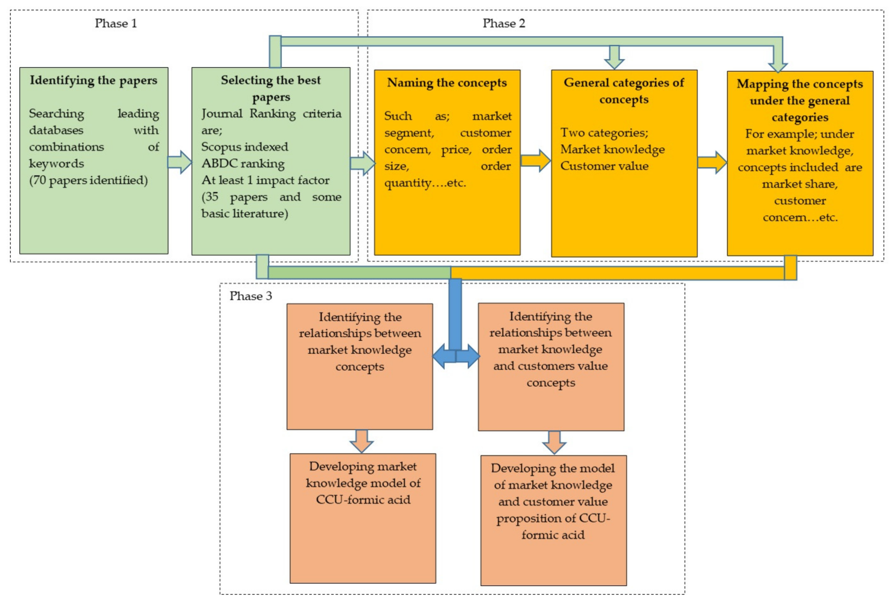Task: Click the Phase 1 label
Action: (x=116, y=23)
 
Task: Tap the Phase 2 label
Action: (x=504, y=23)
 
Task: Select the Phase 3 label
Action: (x=251, y=296)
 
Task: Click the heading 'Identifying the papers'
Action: (x=94, y=80)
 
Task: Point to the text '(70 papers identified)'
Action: (x=88, y=180)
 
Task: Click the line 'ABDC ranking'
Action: (x=243, y=163)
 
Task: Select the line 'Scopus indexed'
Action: (x=244, y=147)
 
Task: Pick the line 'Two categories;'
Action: (x=604, y=133)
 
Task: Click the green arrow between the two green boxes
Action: (x=180, y=162)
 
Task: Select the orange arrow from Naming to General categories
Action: (x=535, y=161)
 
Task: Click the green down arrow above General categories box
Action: (x=614, y=57)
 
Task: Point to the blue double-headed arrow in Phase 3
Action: (x=456, y=356)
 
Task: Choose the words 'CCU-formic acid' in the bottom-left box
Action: (x=363, y=500)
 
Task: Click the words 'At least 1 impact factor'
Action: (x=265, y=180)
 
